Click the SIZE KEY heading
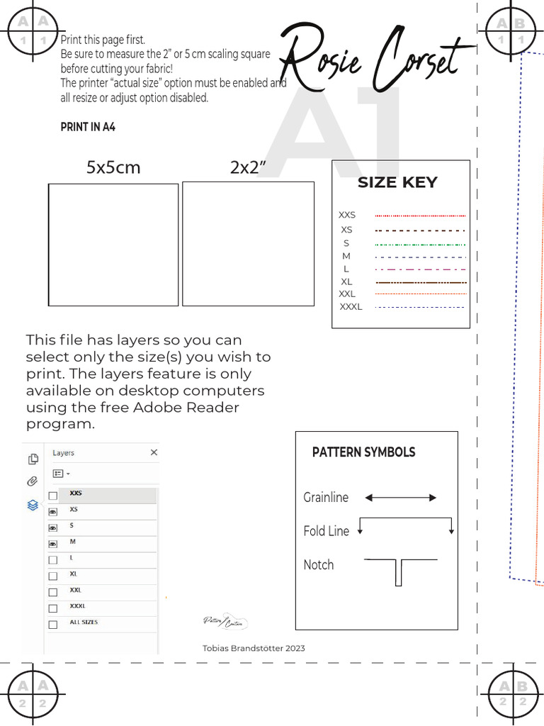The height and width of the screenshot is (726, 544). pyautogui.click(x=397, y=182)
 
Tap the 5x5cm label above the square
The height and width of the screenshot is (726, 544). pyautogui.click(x=113, y=168)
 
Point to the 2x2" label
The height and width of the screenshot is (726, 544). pyautogui.click(x=248, y=168)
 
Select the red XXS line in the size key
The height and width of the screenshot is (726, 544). pyautogui.click(x=420, y=216)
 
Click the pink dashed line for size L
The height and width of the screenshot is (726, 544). pyautogui.click(x=420, y=269)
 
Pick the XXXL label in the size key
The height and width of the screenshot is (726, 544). pyautogui.click(x=351, y=307)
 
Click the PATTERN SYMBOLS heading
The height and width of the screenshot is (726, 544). pyautogui.click(x=363, y=452)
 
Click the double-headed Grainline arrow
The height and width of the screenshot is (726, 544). pyautogui.click(x=400, y=498)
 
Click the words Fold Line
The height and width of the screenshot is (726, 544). pyautogui.click(x=326, y=531)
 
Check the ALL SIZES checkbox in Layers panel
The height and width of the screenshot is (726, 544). pyautogui.click(x=52, y=625)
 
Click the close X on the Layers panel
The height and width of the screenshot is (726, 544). pyautogui.click(x=154, y=452)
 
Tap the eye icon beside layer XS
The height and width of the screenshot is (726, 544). pyautogui.click(x=52, y=511)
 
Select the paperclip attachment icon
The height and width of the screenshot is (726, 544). pyautogui.click(x=33, y=481)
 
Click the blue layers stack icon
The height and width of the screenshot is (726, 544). pyautogui.click(x=33, y=505)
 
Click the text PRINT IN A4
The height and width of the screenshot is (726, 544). pyautogui.click(x=88, y=128)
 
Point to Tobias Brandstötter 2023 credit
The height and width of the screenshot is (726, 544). pyautogui.click(x=254, y=648)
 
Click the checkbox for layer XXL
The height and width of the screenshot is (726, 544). pyautogui.click(x=52, y=592)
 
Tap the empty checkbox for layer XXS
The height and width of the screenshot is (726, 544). pyautogui.click(x=52, y=496)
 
